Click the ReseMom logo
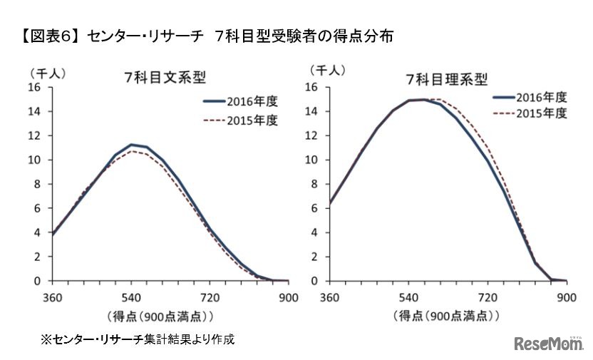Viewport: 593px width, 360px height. tap(547, 343)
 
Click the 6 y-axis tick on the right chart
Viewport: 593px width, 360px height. tap(313, 208)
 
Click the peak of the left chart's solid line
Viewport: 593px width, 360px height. tap(131, 145)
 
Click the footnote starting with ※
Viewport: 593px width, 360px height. tap(137, 339)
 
